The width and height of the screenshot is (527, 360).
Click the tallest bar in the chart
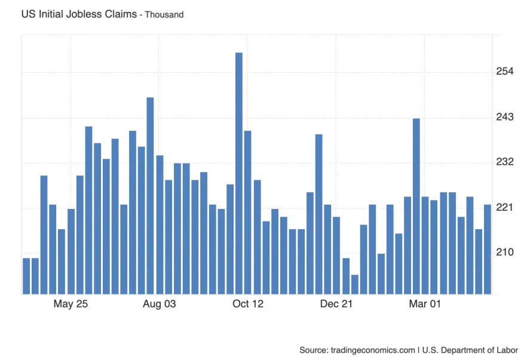tap(238, 173)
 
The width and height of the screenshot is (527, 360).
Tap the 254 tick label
tap(505, 72)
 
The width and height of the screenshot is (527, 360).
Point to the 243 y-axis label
tap(505, 117)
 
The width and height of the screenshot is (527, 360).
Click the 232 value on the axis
tap(505, 162)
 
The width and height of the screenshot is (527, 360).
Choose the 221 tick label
tap(505, 208)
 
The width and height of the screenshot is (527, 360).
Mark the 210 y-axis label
tap(505, 253)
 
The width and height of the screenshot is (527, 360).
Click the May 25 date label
tap(71, 304)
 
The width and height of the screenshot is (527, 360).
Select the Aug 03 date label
tap(160, 304)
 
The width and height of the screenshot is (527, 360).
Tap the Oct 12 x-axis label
tap(248, 304)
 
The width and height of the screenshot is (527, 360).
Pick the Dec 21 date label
tap(336, 304)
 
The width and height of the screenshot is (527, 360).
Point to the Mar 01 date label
tap(425, 304)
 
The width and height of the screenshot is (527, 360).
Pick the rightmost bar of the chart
tap(487, 249)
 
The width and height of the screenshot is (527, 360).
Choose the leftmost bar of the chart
tap(26, 276)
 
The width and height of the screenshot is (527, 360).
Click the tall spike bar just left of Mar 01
tap(416, 206)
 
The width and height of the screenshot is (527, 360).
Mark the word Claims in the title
tap(117, 14)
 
